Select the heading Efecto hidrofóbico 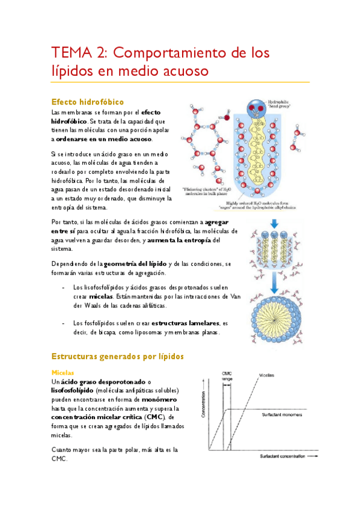point(88,102)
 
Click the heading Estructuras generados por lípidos point(118,357)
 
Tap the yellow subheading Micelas point(63,372)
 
